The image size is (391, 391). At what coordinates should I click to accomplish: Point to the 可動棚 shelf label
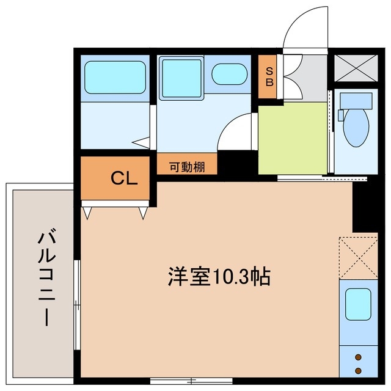pos(186,166)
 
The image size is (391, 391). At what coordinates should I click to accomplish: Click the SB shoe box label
pos(268,76)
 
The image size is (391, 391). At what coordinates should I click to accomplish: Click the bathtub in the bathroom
pos(115,76)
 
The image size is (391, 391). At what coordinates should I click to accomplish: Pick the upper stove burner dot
pos(359,358)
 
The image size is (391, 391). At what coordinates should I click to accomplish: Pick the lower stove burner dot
pos(359,370)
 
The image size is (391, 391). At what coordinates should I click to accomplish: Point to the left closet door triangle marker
pos(88,213)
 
